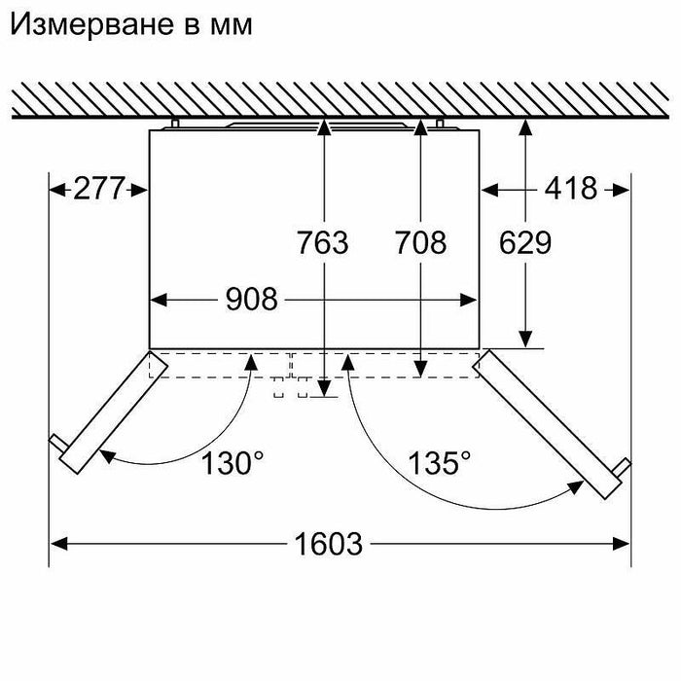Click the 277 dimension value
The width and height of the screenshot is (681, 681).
(x=99, y=189)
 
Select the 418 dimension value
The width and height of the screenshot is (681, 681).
(x=571, y=189)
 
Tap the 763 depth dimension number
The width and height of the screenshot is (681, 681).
(x=322, y=242)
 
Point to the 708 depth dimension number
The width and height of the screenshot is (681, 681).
(x=420, y=242)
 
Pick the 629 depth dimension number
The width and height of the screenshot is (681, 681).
(x=525, y=242)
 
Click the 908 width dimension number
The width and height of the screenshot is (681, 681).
(x=251, y=300)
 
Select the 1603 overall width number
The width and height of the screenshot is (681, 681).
(x=329, y=544)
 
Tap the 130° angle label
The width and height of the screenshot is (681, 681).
(x=233, y=463)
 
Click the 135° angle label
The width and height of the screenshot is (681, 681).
(x=439, y=463)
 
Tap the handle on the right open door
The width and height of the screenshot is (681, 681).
(x=622, y=468)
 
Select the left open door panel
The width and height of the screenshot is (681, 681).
(x=114, y=413)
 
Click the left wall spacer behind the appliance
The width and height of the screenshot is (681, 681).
(x=175, y=124)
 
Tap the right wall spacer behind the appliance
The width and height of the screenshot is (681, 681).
(x=440, y=124)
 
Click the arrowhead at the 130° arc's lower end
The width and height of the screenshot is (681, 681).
(x=107, y=455)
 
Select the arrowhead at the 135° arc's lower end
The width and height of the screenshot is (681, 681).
(x=576, y=487)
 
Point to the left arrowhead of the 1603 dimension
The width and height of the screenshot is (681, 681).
(x=59, y=544)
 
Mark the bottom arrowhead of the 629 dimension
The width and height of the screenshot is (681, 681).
(x=525, y=340)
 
